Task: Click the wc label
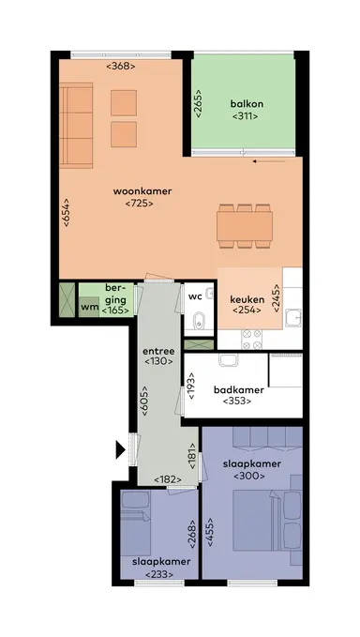pyautogui.click(x=195, y=296)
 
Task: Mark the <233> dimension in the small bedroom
pyautogui.click(x=158, y=573)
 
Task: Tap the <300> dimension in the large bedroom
pyautogui.click(x=250, y=477)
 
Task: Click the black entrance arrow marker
pyautogui.click(x=119, y=450)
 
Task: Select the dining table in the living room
pyautogui.click(x=245, y=226)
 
